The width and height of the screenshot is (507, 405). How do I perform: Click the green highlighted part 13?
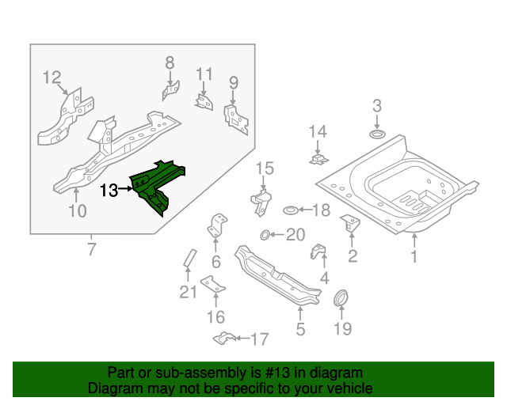click(158, 184)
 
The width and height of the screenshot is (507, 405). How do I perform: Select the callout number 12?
click(51, 77)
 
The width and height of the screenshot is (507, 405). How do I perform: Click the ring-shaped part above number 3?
click(377, 137)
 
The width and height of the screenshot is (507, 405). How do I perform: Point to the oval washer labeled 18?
click(291, 210)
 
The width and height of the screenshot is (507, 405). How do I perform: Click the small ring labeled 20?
click(265, 234)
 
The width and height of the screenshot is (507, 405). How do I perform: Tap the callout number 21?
click(187, 293)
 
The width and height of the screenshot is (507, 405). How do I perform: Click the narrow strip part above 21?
click(189, 259)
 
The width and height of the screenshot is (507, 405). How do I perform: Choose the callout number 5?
click(300, 330)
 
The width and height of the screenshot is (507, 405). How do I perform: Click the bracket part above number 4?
click(318, 253)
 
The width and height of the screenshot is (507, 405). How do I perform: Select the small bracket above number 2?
click(349, 224)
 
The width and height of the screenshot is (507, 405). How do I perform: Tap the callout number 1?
click(413, 257)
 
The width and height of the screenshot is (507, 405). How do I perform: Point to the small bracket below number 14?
click(318, 160)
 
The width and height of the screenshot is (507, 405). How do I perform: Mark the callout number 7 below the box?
click(91, 251)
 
